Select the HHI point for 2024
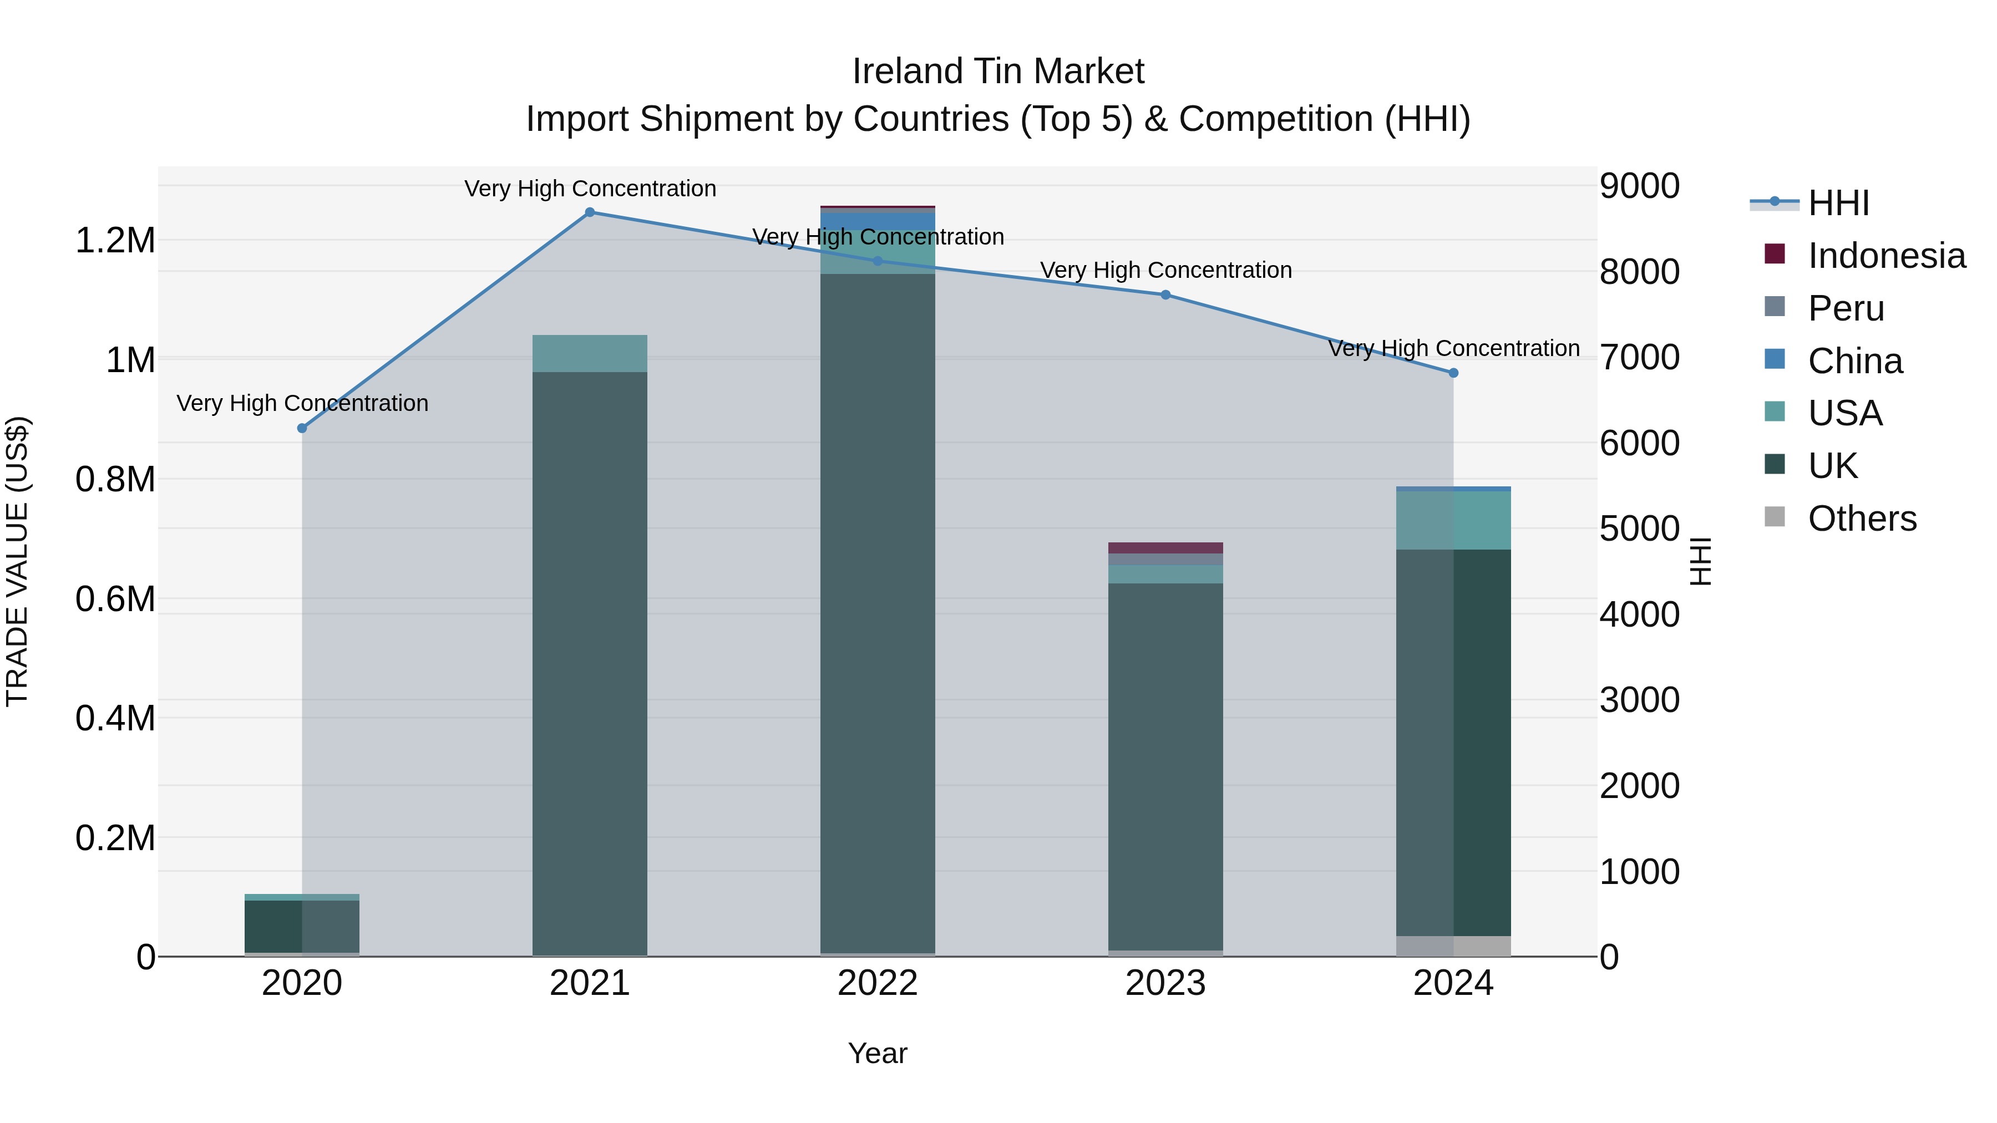click(1453, 373)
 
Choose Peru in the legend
click(1845, 308)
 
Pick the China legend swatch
click(1775, 359)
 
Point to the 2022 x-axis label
click(878, 983)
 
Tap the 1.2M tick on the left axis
click(115, 240)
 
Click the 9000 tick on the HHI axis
click(1639, 186)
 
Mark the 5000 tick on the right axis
click(1639, 530)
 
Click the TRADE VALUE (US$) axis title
click(17, 561)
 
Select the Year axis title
click(878, 1053)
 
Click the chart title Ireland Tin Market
click(998, 72)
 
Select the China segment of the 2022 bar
click(878, 221)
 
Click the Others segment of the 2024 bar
click(1453, 946)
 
